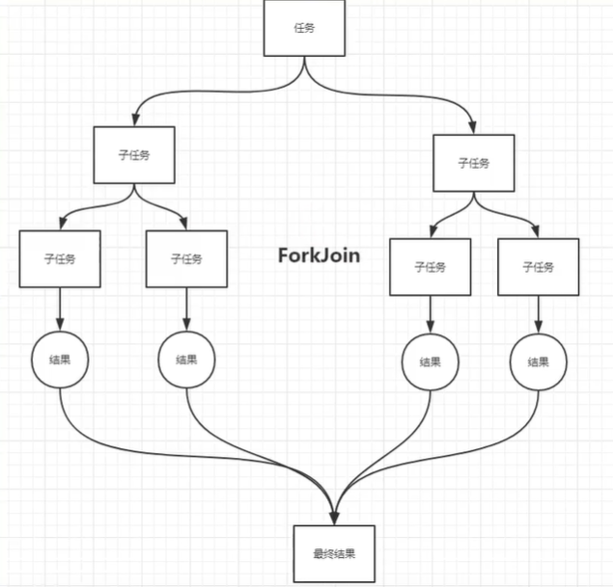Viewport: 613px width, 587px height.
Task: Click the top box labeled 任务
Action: pos(304,28)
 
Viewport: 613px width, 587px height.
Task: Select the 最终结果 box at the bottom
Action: pos(334,554)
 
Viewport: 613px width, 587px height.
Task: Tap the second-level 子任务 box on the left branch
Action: pos(134,154)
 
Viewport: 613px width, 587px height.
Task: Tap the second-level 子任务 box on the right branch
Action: pos(473,163)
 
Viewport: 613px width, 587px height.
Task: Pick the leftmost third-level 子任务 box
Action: pos(60,258)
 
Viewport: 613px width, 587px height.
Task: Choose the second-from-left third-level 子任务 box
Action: pos(186,258)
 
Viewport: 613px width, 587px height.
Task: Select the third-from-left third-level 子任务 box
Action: pos(430,267)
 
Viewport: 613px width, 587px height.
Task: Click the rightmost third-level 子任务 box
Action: pos(538,267)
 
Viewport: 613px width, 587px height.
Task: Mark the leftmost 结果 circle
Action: pos(60,359)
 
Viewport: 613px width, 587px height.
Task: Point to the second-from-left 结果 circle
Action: pos(186,359)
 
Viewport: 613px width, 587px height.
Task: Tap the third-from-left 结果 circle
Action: pos(430,362)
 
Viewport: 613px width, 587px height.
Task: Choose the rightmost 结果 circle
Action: pos(538,362)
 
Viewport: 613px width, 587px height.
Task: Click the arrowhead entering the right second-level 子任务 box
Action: pos(473,127)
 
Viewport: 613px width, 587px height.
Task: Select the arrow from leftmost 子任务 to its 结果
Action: pos(60,309)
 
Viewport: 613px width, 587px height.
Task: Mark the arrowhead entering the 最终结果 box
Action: pos(334,518)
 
